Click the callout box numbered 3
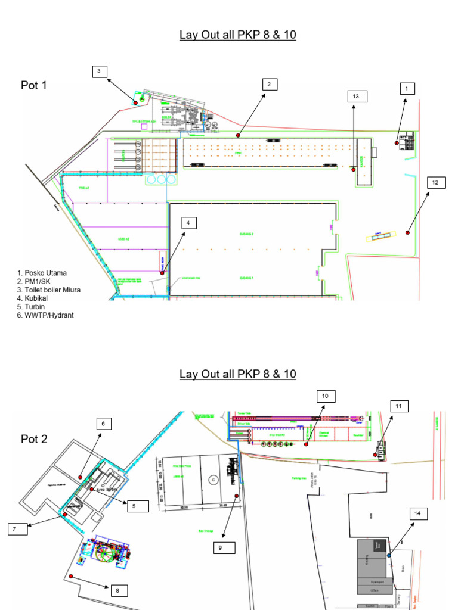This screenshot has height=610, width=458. [100, 71]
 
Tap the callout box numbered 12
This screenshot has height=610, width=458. [435, 182]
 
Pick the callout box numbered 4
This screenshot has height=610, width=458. [188, 223]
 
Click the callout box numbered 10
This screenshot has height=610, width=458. [326, 396]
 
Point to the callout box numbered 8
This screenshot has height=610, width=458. [117, 590]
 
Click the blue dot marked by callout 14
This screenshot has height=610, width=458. [389, 555]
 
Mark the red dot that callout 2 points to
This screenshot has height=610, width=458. [238, 136]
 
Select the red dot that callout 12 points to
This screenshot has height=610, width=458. [409, 232]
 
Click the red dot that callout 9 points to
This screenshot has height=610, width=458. [237, 496]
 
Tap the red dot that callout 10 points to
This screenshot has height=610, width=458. [306, 444]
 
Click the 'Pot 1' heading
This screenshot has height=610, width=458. [34, 85]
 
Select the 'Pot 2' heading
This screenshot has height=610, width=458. [34, 439]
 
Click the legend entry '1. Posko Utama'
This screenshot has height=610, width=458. [41, 273]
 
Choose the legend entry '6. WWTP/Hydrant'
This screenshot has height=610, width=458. [45, 315]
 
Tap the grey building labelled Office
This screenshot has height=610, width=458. [375, 590]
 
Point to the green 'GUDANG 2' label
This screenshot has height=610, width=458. [247, 235]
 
